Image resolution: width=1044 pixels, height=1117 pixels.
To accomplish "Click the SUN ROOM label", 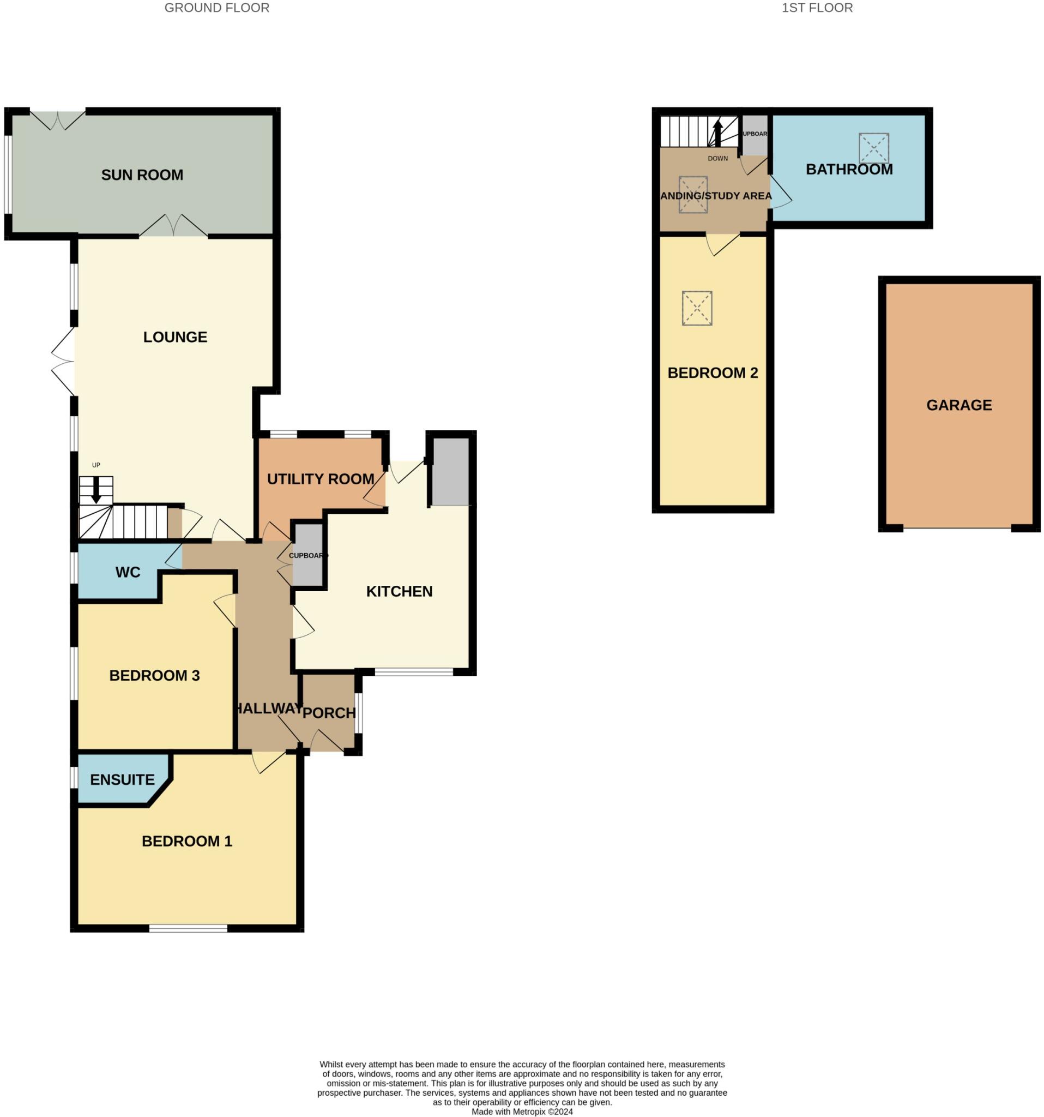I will pos(142,175).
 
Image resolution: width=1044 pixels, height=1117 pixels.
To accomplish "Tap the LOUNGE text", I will pos(175,337).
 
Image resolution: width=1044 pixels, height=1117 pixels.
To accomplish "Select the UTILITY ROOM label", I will pos(320,479).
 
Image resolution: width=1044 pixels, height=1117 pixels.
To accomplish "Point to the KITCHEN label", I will pos(399,591).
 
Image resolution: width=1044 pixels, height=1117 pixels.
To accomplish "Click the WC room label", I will pos(128,572).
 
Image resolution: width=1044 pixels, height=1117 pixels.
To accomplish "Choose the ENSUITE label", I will pos(122,779).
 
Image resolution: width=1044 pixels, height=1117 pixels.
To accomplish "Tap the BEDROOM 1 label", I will pos(186,840).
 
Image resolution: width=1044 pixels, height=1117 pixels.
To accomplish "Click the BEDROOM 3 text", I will pos(154,675).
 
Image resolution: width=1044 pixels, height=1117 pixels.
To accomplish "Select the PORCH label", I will pos(329,712).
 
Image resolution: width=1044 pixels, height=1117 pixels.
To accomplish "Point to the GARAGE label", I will pos(958,405).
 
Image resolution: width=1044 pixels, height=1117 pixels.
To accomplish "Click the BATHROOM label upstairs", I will pos(849,169).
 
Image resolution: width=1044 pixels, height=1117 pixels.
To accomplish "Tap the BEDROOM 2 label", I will pos(712,373).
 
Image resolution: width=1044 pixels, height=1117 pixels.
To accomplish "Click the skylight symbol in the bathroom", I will pos(873,148).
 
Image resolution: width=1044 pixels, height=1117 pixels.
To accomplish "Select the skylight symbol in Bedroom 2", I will pos(696,308).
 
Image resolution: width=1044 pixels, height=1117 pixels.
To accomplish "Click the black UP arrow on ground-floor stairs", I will pos(96,489).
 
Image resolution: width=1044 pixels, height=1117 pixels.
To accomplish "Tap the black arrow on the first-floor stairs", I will pos(717,133).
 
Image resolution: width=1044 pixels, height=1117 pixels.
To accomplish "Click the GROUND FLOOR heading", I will pos(217,8).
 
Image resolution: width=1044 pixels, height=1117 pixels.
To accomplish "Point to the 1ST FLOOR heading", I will pos(817,8).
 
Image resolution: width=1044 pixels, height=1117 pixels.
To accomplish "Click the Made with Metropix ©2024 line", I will pos(522,1112).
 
